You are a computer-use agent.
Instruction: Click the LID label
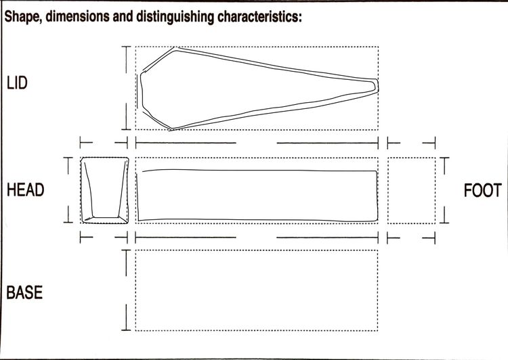[x=17, y=83]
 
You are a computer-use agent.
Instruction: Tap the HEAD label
[x=25, y=189]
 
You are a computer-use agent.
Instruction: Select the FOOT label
[x=483, y=190]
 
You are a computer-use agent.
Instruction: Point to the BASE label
[x=24, y=292]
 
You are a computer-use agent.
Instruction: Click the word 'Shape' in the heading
[x=22, y=17]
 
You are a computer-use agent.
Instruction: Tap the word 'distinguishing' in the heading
[x=175, y=17]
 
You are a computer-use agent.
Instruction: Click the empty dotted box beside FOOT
[x=411, y=190]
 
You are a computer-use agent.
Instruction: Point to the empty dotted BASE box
[x=257, y=290]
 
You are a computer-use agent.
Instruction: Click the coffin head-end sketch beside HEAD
[x=104, y=190]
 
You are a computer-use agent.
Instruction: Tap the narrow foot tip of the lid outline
[x=377, y=86]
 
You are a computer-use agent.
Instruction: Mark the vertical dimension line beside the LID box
[x=126, y=88]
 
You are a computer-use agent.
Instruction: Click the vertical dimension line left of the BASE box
[x=126, y=290]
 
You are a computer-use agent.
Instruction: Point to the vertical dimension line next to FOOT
[x=444, y=190]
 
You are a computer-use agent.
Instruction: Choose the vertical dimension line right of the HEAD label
[x=68, y=190]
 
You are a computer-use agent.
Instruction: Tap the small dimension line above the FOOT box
[x=411, y=143]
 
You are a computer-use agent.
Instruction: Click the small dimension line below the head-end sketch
[x=104, y=238]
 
